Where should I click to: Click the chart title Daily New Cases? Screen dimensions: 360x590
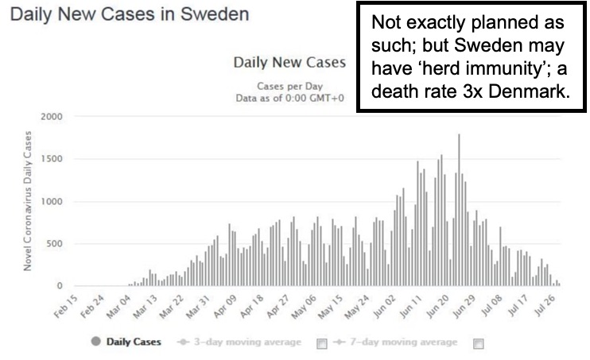[289, 62]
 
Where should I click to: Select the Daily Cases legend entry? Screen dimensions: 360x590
[127, 342]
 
